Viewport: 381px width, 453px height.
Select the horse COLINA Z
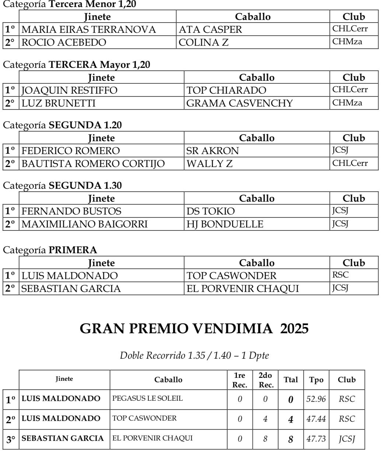click(x=203, y=42)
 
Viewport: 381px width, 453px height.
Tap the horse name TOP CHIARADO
click(x=226, y=90)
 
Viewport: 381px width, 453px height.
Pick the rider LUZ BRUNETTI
click(x=59, y=104)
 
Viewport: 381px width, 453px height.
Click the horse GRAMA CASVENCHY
click(x=240, y=104)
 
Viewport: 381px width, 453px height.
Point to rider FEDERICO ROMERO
click(x=70, y=150)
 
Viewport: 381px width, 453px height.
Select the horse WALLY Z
click(x=210, y=163)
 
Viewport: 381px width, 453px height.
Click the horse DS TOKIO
click(x=210, y=211)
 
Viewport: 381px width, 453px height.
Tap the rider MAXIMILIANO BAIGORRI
click(x=85, y=224)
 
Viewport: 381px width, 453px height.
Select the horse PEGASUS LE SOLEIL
click(x=148, y=398)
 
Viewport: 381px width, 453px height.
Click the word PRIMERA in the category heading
click(x=73, y=250)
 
